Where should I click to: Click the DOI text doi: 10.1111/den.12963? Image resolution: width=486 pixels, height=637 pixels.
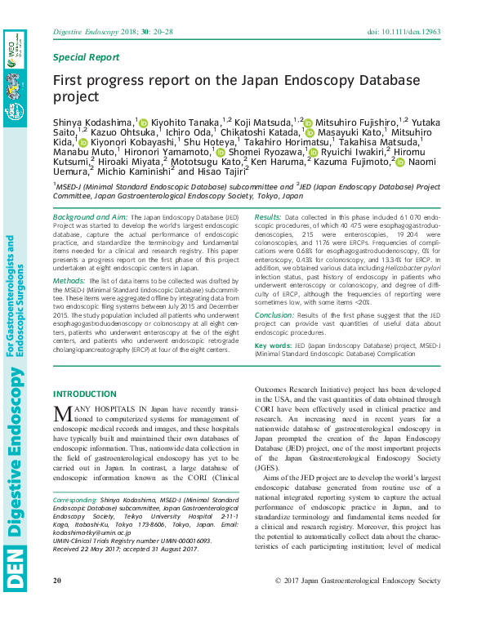tap(405, 31)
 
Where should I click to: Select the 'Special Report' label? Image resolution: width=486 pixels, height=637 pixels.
tap(86, 57)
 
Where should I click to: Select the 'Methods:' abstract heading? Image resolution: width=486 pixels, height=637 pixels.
tap(69, 280)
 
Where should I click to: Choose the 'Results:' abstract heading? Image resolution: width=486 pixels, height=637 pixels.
tap(268, 217)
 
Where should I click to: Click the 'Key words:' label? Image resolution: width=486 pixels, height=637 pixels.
tap(274, 345)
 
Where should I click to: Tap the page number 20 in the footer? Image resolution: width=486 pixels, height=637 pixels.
tap(57, 604)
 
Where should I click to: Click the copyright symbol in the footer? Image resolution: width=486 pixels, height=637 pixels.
tap(279, 604)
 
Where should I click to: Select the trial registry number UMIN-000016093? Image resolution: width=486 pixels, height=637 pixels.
tap(173, 541)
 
